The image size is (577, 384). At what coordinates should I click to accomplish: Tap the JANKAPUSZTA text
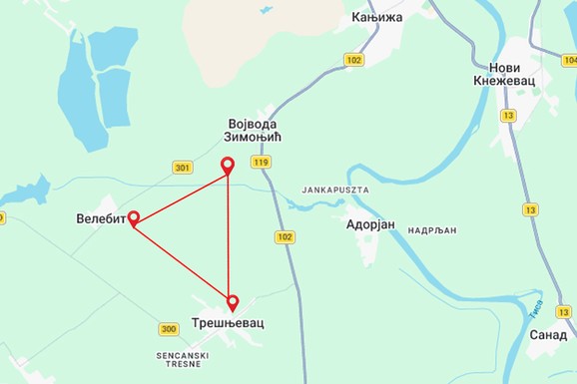(x=334, y=189)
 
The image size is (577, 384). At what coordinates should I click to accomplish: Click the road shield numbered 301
(x=182, y=167)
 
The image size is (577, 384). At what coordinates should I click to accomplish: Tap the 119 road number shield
(x=262, y=162)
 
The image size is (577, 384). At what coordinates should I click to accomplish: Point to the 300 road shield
(x=168, y=329)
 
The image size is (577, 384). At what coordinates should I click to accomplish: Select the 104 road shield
(x=568, y=60)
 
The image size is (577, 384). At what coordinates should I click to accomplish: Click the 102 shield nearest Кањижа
(x=353, y=60)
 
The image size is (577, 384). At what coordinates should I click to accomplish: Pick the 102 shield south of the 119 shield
(x=286, y=236)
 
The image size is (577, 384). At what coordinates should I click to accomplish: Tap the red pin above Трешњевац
(x=233, y=301)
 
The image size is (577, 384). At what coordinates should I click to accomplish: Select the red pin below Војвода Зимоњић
(x=228, y=166)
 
